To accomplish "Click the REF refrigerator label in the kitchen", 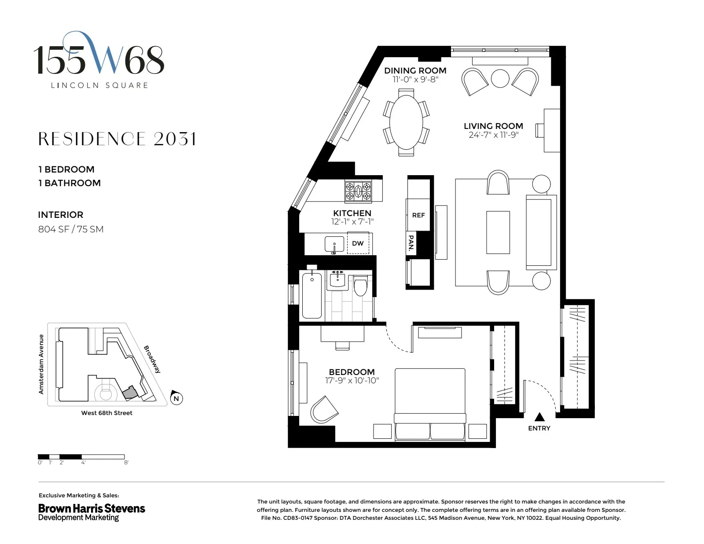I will point(418,215).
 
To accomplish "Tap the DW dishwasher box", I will point(358,243).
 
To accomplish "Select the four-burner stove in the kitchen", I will point(358,191).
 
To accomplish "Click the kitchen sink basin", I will point(334,244).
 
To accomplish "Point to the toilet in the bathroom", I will point(361,287).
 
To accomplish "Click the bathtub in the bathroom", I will point(312,295).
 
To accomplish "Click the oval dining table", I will point(406,122).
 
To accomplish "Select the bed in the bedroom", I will point(430,403).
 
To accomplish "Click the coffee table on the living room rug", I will point(498,232).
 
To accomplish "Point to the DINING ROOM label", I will point(415,70).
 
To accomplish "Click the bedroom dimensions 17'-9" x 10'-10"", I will point(352,381).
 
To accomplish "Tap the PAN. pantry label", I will point(411,243).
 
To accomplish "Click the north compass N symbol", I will point(176,399).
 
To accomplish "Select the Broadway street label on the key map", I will point(152,359).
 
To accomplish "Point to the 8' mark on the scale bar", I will point(126,463).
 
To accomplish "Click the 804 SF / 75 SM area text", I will point(71,229).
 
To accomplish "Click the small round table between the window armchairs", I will point(500,79).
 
